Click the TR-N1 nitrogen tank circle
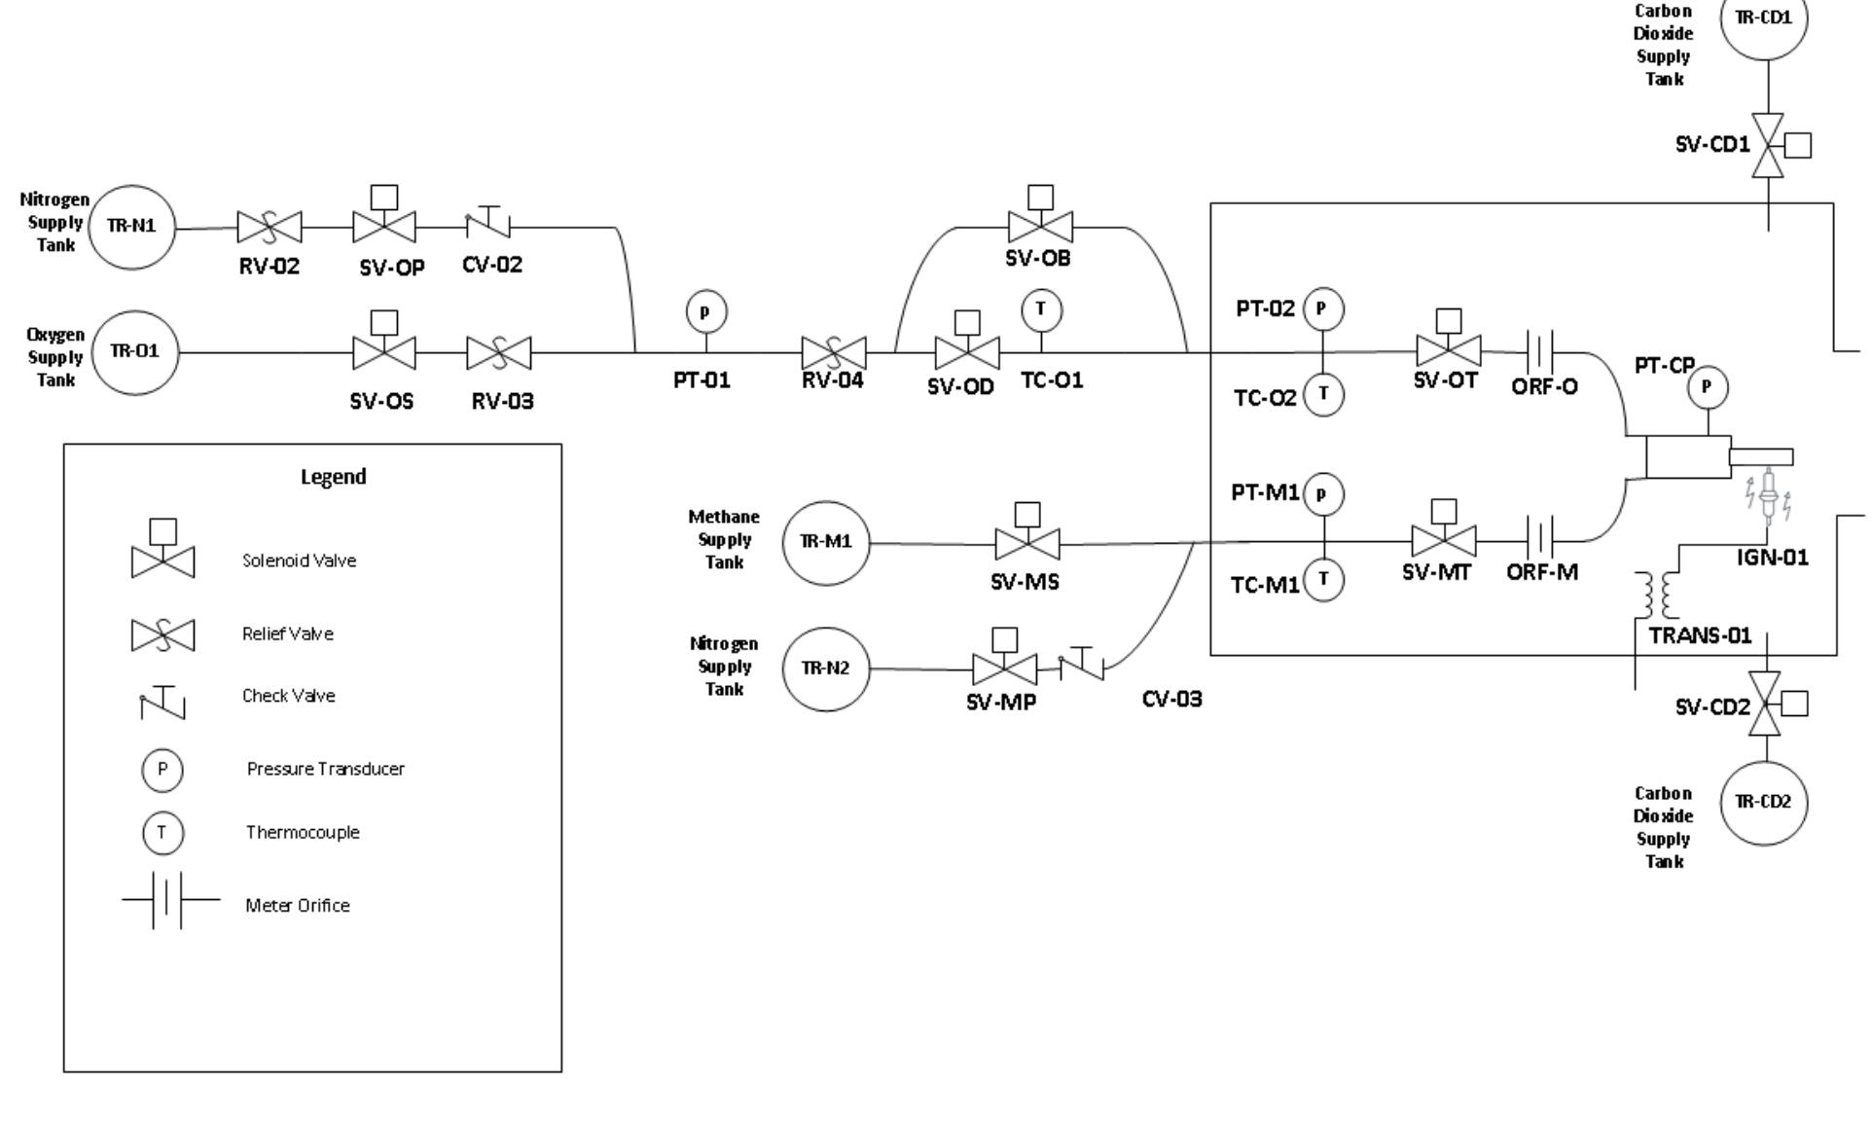coord(132,227)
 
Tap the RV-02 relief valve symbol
coord(270,228)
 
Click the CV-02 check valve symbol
coord(488,225)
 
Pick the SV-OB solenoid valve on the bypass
coord(1040,226)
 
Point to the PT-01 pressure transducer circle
coord(706,312)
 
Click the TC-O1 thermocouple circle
coord(1041,310)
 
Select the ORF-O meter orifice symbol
coord(1540,351)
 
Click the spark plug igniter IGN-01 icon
coord(1768,493)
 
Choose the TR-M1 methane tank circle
coord(826,543)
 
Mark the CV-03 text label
coord(1171,700)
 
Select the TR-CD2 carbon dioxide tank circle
coord(1764,803)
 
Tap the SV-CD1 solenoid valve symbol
coord(1768,146)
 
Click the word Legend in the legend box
coord(333,477)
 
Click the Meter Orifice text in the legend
coord(298,906)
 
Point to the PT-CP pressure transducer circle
coord(1707,387)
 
